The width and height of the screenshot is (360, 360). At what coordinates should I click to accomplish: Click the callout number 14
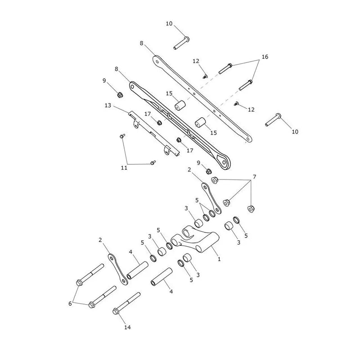coord(127,328)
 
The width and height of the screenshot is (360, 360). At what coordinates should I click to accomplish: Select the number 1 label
coord(219,259)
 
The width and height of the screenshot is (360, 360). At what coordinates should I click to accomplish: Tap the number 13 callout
coord(108,105)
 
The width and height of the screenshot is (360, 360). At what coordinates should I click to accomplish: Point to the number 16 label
coord(265,57)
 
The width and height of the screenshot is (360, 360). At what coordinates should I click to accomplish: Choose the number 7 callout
coord(254,177)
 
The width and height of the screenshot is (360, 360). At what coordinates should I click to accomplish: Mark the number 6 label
coord(70,303)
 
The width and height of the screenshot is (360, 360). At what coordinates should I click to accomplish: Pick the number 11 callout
coord(124,168)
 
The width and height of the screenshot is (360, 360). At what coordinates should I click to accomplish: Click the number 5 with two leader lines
coord(197,200)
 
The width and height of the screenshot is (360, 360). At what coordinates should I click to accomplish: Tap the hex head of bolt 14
coord(116,311)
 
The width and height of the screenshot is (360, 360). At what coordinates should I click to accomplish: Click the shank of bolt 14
coord(129,301)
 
